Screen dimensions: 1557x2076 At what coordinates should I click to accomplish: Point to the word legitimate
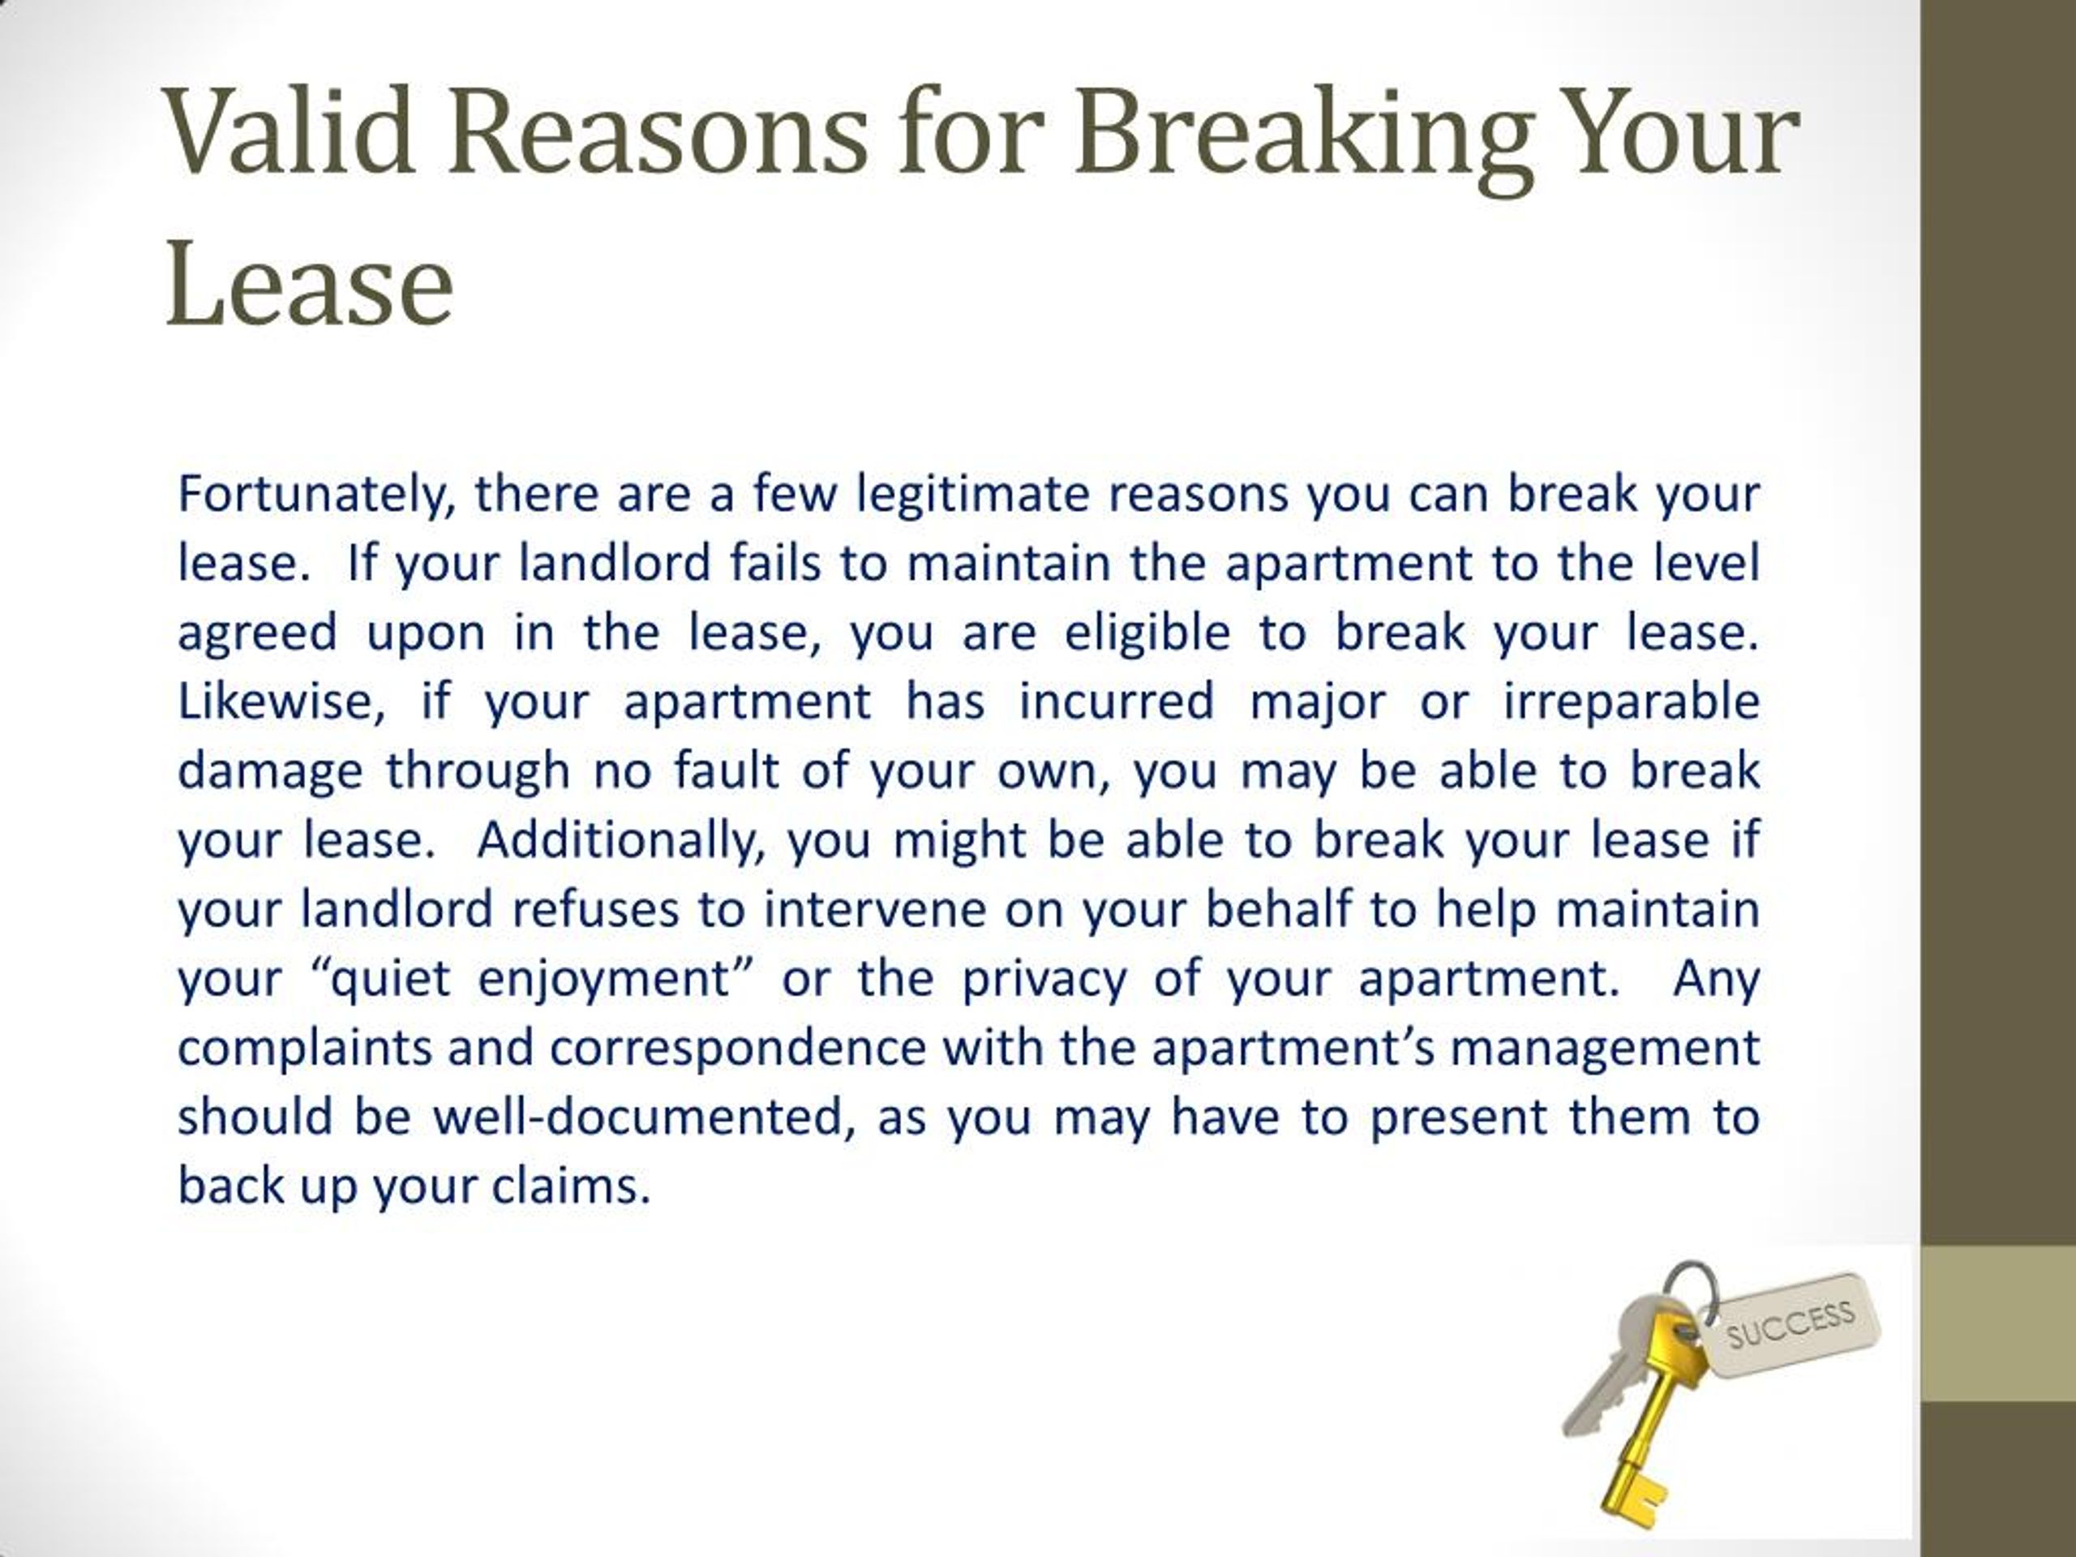point(972,495)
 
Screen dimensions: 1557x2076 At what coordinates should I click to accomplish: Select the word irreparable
point(1631,702)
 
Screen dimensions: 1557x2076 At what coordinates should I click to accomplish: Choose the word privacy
point(1044,979)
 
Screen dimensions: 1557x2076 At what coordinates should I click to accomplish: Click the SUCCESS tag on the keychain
point(1792,1325)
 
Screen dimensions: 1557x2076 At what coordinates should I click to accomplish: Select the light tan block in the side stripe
point(1998,1324)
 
